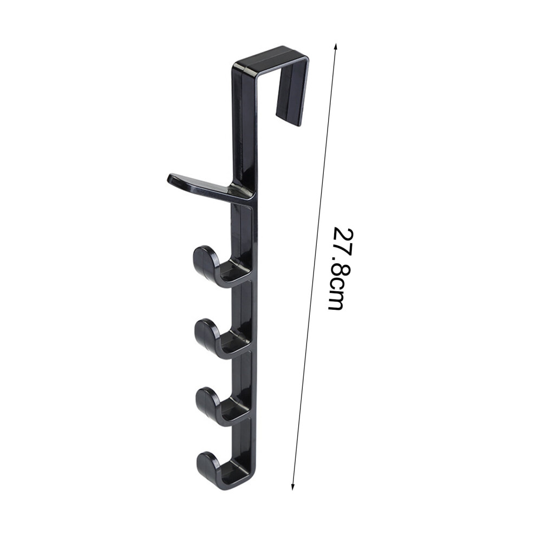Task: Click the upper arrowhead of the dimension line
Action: click(x=336, y=47)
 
